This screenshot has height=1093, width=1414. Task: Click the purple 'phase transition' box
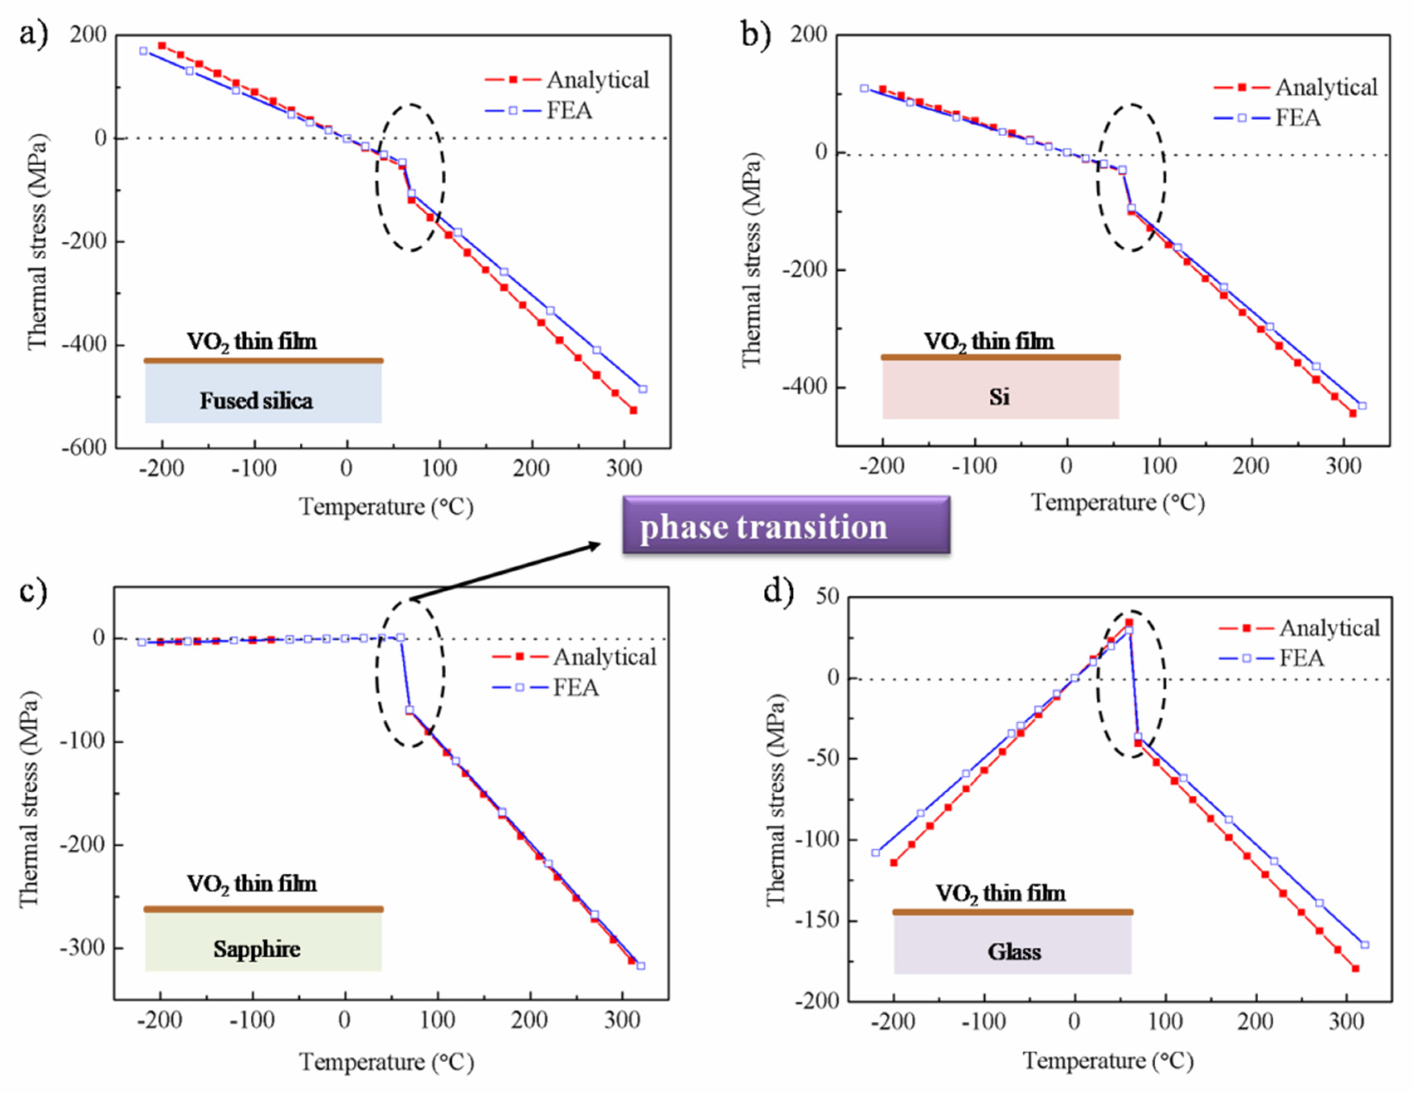(785, 525)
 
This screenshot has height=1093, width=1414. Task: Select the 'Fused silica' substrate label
(257, 401)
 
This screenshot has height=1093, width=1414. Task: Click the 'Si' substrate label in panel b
(999, 396)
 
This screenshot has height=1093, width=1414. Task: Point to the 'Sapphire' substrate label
(257, 949)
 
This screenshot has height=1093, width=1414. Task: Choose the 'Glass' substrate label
(1014, 952)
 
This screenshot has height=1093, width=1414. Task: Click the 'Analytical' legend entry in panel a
(597, 80)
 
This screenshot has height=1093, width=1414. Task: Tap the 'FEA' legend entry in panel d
(1301, 659)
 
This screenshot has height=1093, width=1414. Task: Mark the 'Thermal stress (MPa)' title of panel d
(775, 800)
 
